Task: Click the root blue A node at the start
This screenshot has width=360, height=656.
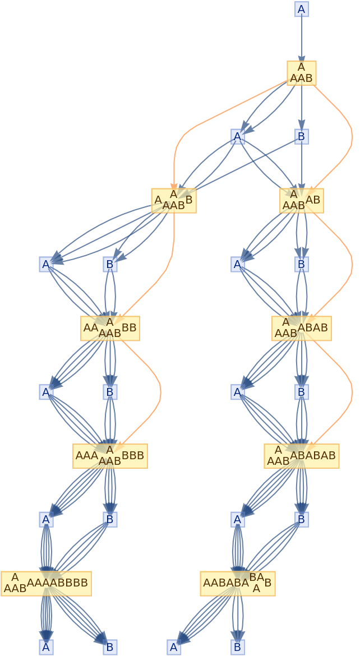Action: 302,9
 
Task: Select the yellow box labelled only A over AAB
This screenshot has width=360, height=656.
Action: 302,73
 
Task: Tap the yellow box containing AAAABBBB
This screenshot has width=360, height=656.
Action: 46,584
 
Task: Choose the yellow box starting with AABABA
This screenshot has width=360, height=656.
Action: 238,584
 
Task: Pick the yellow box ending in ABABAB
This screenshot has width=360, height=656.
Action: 302,456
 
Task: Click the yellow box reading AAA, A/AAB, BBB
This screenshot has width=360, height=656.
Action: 110,456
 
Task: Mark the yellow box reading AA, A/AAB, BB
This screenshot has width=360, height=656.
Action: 110,329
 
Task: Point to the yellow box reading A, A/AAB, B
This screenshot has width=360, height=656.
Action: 174,201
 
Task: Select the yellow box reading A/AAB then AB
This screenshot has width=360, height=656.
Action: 302,201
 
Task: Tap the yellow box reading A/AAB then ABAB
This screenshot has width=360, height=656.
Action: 302,329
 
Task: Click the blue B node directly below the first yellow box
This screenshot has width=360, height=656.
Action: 302,136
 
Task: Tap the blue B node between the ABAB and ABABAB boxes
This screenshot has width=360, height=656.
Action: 302,392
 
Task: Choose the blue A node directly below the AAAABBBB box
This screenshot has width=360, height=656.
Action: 46,647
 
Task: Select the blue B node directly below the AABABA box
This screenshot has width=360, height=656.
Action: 238,647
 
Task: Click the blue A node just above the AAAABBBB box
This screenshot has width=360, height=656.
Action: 46,519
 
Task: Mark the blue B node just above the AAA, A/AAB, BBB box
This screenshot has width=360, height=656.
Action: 110,392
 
